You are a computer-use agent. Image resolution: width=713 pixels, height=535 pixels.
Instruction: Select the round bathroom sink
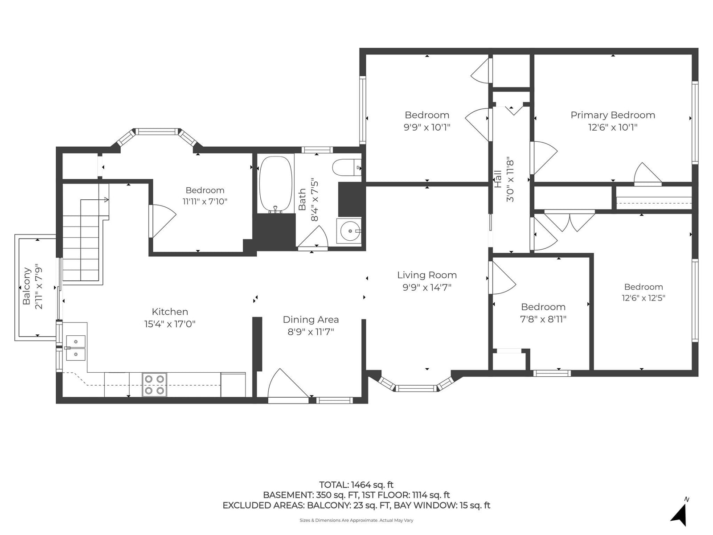(349, 230)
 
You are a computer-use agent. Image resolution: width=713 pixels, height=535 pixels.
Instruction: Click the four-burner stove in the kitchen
(154, 385)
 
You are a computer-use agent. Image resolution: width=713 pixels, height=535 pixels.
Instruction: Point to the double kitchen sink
(76, 348)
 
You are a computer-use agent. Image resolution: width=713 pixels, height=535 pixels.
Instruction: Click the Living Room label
(427, 275)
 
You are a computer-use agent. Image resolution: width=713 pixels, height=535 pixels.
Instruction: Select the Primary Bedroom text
(613, 115)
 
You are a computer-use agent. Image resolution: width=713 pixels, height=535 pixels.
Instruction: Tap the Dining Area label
(311, 320)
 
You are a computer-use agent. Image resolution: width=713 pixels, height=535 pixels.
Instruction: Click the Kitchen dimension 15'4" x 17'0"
(170, 324)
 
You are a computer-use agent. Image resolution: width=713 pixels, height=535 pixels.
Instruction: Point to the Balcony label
(27, 286)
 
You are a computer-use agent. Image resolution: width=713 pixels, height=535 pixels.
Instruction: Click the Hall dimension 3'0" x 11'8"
(510, 181)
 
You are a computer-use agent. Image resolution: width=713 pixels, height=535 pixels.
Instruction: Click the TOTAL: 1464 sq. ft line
(356, 485)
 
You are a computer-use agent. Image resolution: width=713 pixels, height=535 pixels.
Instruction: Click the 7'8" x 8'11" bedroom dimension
(543, 319)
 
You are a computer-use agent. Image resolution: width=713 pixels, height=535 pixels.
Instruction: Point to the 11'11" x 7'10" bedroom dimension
(205, 202)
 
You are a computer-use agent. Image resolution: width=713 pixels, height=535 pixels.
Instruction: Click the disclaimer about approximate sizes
(356, 520)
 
